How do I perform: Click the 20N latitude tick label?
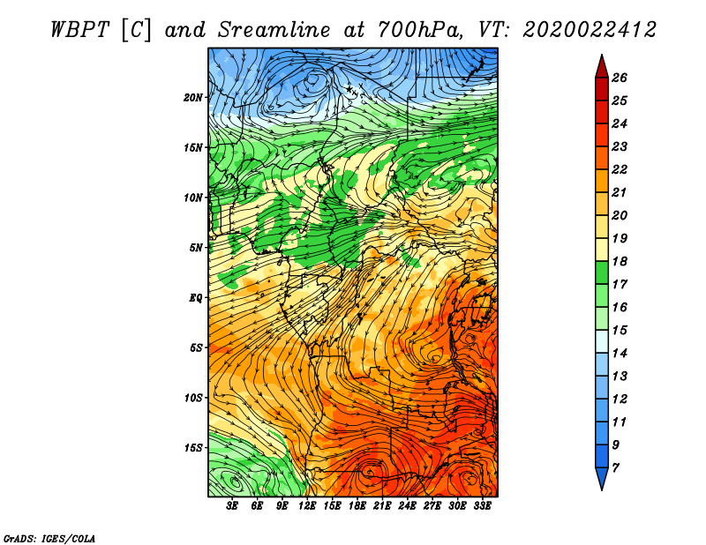point(193,98)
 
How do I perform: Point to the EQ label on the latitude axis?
point(196,298)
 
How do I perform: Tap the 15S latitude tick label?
point(193,448)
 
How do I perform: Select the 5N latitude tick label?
point(196,248)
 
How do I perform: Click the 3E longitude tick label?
point(232,506)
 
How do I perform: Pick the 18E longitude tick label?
point(357,506)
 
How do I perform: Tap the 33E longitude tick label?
point(482,506)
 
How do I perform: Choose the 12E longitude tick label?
point(307,506)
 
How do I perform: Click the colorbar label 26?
point(620,78)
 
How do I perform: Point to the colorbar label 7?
point(616,468)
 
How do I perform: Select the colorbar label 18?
point(620,261)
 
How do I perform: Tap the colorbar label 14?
point(620,354)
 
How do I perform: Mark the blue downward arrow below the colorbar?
point(602,478)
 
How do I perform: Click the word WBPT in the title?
point(79,30)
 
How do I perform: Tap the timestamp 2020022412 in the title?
point(589,30)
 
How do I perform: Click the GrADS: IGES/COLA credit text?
point(49,539)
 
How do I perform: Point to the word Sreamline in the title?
point(274,30)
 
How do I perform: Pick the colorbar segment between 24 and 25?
point(602,112)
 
